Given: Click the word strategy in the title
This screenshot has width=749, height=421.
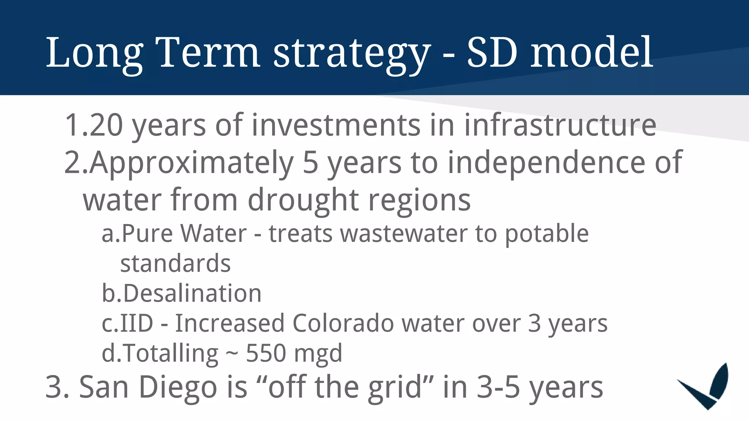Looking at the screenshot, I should point(351,53).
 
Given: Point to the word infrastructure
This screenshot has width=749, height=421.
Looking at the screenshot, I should point(560,125).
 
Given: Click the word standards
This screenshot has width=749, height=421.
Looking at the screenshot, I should point(176,263).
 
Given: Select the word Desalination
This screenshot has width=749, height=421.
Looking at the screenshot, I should point(192,293).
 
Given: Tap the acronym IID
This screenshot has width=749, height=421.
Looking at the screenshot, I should point(137,323).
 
